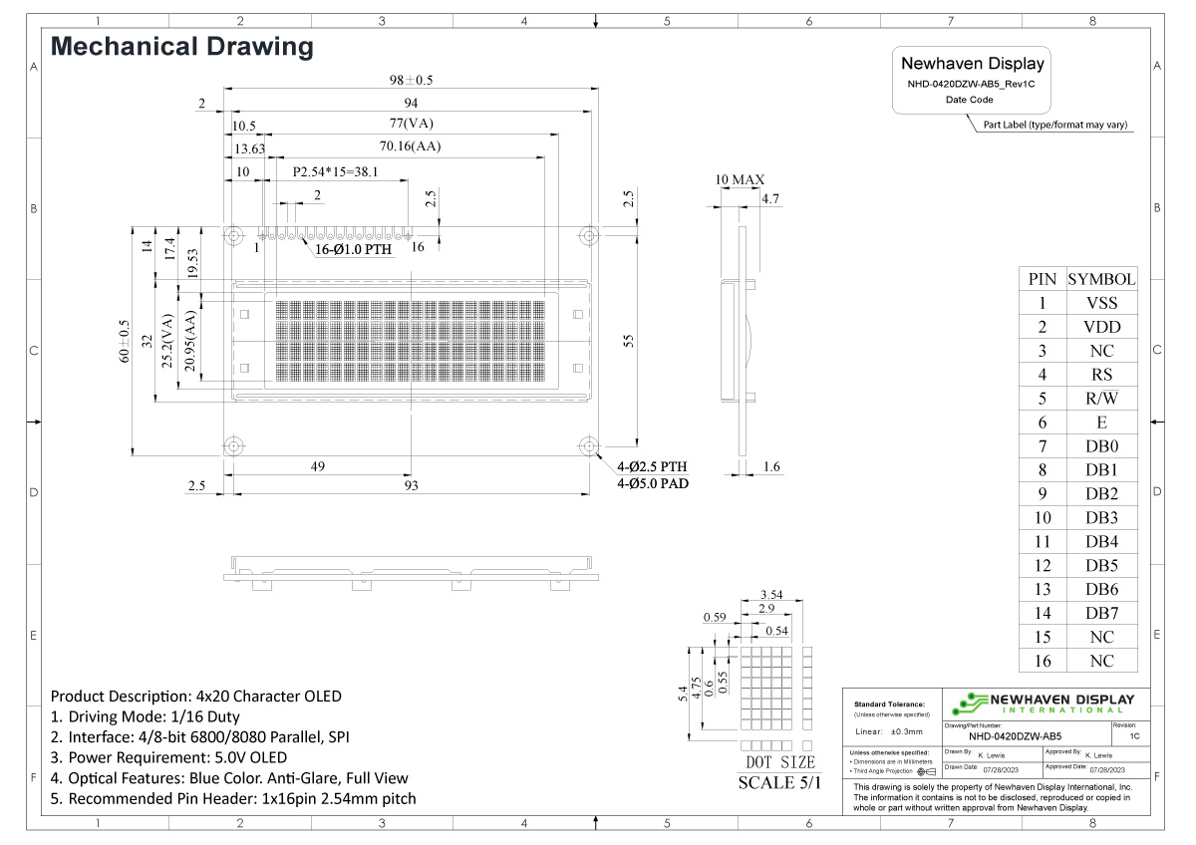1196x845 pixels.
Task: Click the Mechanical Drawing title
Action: pyautogui.click(x=181, y=46)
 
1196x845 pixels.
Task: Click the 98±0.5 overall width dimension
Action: pyautogui.click(x=411, y=80)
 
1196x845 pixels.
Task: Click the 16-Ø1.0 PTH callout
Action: pyautogui.click(x=353, y=250)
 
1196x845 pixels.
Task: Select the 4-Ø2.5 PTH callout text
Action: pyautogui.click(x=652, y=466)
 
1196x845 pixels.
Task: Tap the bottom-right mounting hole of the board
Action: pyautogui.click(x=588, y=444)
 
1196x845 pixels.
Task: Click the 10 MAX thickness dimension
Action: pyautogui.click(x=740, y=180)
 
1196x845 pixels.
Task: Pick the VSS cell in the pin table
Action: pyautogui.click(x=1101, y=303)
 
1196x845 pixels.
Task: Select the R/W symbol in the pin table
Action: pyautogui.click(x=1101, y=399)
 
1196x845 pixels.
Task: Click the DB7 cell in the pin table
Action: pyautogui.click(x=1101, y=613)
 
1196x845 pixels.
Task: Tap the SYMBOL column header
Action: pyautogui.click(x=1101, y=279)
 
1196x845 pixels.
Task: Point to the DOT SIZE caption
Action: pyautogui.click(x=780, y=762)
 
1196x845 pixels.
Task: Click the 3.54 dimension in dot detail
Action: pyautogui.click(x=770, y=595)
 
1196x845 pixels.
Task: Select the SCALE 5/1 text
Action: pyautogui.click(x=780, y=782)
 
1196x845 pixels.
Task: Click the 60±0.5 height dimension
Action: pyautogui.click(x=125, y=341)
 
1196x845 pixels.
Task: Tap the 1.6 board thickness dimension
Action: pyautogui.click(x=770, y=466)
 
